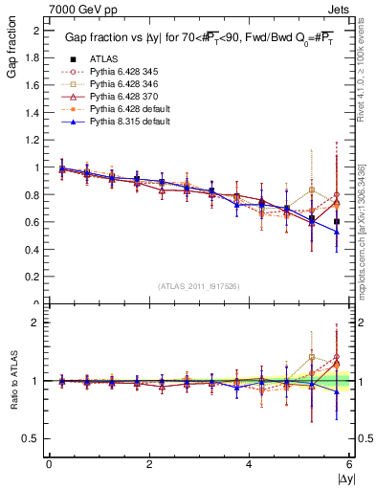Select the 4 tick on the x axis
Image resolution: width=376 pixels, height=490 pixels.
[250, 465]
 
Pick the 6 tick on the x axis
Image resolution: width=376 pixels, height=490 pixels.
[349, 465]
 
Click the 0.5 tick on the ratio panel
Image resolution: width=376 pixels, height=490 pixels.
[33, 438]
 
